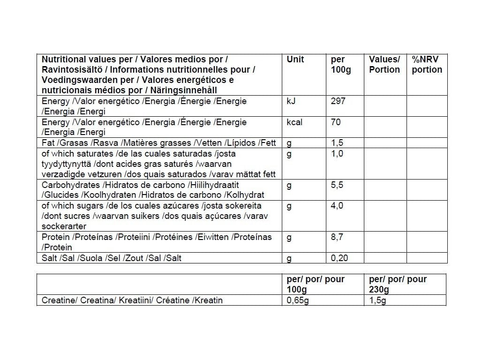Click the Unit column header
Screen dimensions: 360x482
tap(295, 60)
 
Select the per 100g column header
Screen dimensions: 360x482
tap(340, 65)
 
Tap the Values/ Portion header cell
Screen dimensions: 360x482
tap(384, 65)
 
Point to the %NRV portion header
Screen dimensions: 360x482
tap(427, 65)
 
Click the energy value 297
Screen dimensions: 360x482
tap(338, 101)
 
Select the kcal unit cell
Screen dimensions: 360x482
tap(294, 122)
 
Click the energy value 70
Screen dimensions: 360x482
tap(336, 122)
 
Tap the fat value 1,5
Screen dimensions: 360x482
tap(337, 143)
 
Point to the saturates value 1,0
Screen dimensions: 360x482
tap(337, 154)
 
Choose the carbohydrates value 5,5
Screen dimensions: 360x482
tap(337, 185)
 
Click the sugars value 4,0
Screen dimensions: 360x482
tap(337, 206)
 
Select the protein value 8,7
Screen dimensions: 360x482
tap(337, 237)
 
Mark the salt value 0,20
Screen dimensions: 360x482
tap(339, 258)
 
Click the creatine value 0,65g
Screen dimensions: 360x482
tap(298, 300)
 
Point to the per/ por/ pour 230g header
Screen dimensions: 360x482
tap(398, 284)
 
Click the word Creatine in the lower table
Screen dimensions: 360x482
tap(58, 300)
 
